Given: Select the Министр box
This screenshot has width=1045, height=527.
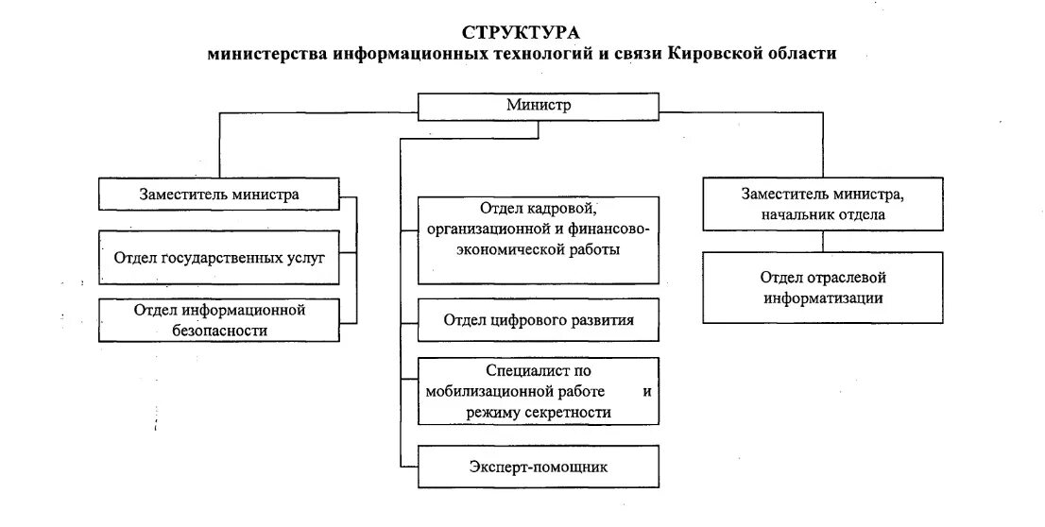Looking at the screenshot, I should coord(539,106).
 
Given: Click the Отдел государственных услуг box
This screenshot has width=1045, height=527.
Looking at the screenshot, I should coord(219,255).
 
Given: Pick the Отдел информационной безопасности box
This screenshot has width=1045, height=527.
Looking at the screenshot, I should coord(219,319).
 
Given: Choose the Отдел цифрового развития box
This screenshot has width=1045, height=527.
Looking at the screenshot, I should coord(539,319).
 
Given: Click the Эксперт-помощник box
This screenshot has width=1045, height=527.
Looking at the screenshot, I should coord(539,467).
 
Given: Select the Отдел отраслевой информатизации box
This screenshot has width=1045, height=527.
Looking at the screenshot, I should coord(822,287).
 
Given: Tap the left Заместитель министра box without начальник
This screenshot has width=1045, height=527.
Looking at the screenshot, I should coord(219,195).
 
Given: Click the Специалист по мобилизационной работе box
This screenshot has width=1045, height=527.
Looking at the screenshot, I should coord(539,391).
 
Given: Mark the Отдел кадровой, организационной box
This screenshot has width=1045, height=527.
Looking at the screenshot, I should coord(539,240).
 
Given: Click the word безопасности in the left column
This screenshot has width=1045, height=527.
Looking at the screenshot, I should coord(219,331).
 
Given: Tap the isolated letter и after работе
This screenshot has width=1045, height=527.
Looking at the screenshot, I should coord(646,391).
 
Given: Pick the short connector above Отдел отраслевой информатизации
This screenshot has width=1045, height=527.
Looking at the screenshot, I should coord(822,241).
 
